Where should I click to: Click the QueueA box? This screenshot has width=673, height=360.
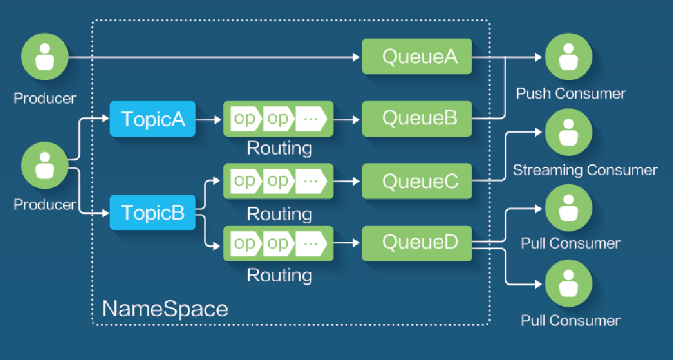click(416, 57)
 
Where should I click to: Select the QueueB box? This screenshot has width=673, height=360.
click(416, 118)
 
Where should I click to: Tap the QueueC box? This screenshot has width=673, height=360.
click(416, 181)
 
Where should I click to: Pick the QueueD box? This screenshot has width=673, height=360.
click(416, 242)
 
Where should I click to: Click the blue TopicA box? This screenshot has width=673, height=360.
click(153, 119)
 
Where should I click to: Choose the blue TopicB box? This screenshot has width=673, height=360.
click(153, 212)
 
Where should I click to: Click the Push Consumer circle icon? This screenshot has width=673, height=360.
click(568, 57)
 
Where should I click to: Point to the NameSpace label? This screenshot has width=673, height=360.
click(165, 308)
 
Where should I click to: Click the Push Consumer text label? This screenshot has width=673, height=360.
click(571, 94)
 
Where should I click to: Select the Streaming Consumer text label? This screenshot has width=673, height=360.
click(585, 171)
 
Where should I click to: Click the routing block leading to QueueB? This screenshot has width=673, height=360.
click(278, 119)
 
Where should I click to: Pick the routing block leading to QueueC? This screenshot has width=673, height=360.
click(278, 181)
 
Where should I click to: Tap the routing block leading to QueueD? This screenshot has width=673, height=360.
click(278, 243)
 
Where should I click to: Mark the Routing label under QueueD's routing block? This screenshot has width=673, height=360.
click(279, 275)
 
